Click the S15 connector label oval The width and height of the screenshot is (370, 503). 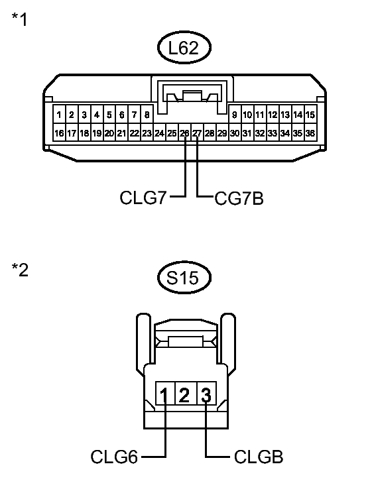(185, 279)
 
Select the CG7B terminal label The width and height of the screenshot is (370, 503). (238, 197)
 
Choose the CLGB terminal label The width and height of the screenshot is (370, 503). (258, 457)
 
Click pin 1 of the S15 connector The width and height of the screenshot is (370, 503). (164, 396)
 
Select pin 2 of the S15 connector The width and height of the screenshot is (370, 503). (185, 396)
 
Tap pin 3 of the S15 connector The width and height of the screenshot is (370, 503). (206, 396)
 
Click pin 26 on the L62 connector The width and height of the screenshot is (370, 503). (184, 133)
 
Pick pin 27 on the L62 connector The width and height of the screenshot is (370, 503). (197, 133)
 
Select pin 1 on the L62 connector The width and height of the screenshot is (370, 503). (60, 115)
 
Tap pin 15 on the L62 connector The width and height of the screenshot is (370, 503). (310, 115)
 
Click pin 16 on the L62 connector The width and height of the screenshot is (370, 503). (60, 133)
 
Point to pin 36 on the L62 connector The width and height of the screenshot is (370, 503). (310, 133)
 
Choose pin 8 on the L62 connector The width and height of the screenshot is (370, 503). (147, 115)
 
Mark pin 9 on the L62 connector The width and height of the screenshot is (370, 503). (235, 115)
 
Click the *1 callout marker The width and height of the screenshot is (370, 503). (20, 20)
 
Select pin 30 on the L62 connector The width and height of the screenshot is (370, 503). (235, 133)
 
